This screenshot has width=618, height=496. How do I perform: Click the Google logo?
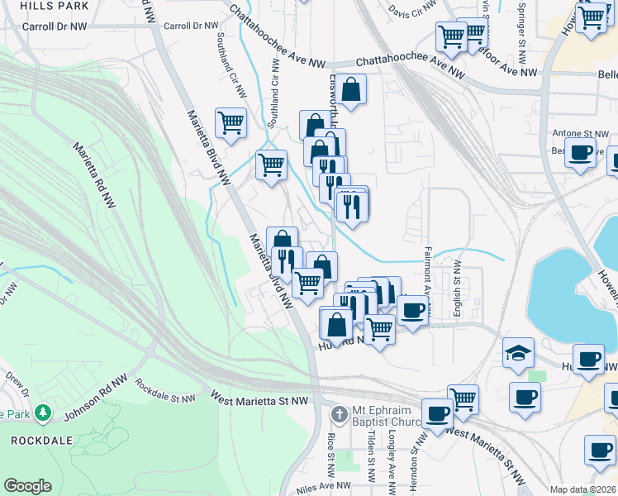(26, 486)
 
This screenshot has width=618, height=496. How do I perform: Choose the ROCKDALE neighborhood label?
(40, 441)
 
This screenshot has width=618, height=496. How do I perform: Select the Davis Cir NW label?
(411, 10)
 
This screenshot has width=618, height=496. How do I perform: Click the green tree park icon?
(45, 413)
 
